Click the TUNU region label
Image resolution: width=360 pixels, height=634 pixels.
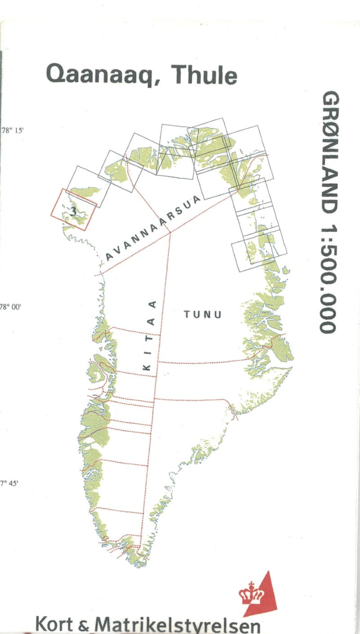coord(202,314)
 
